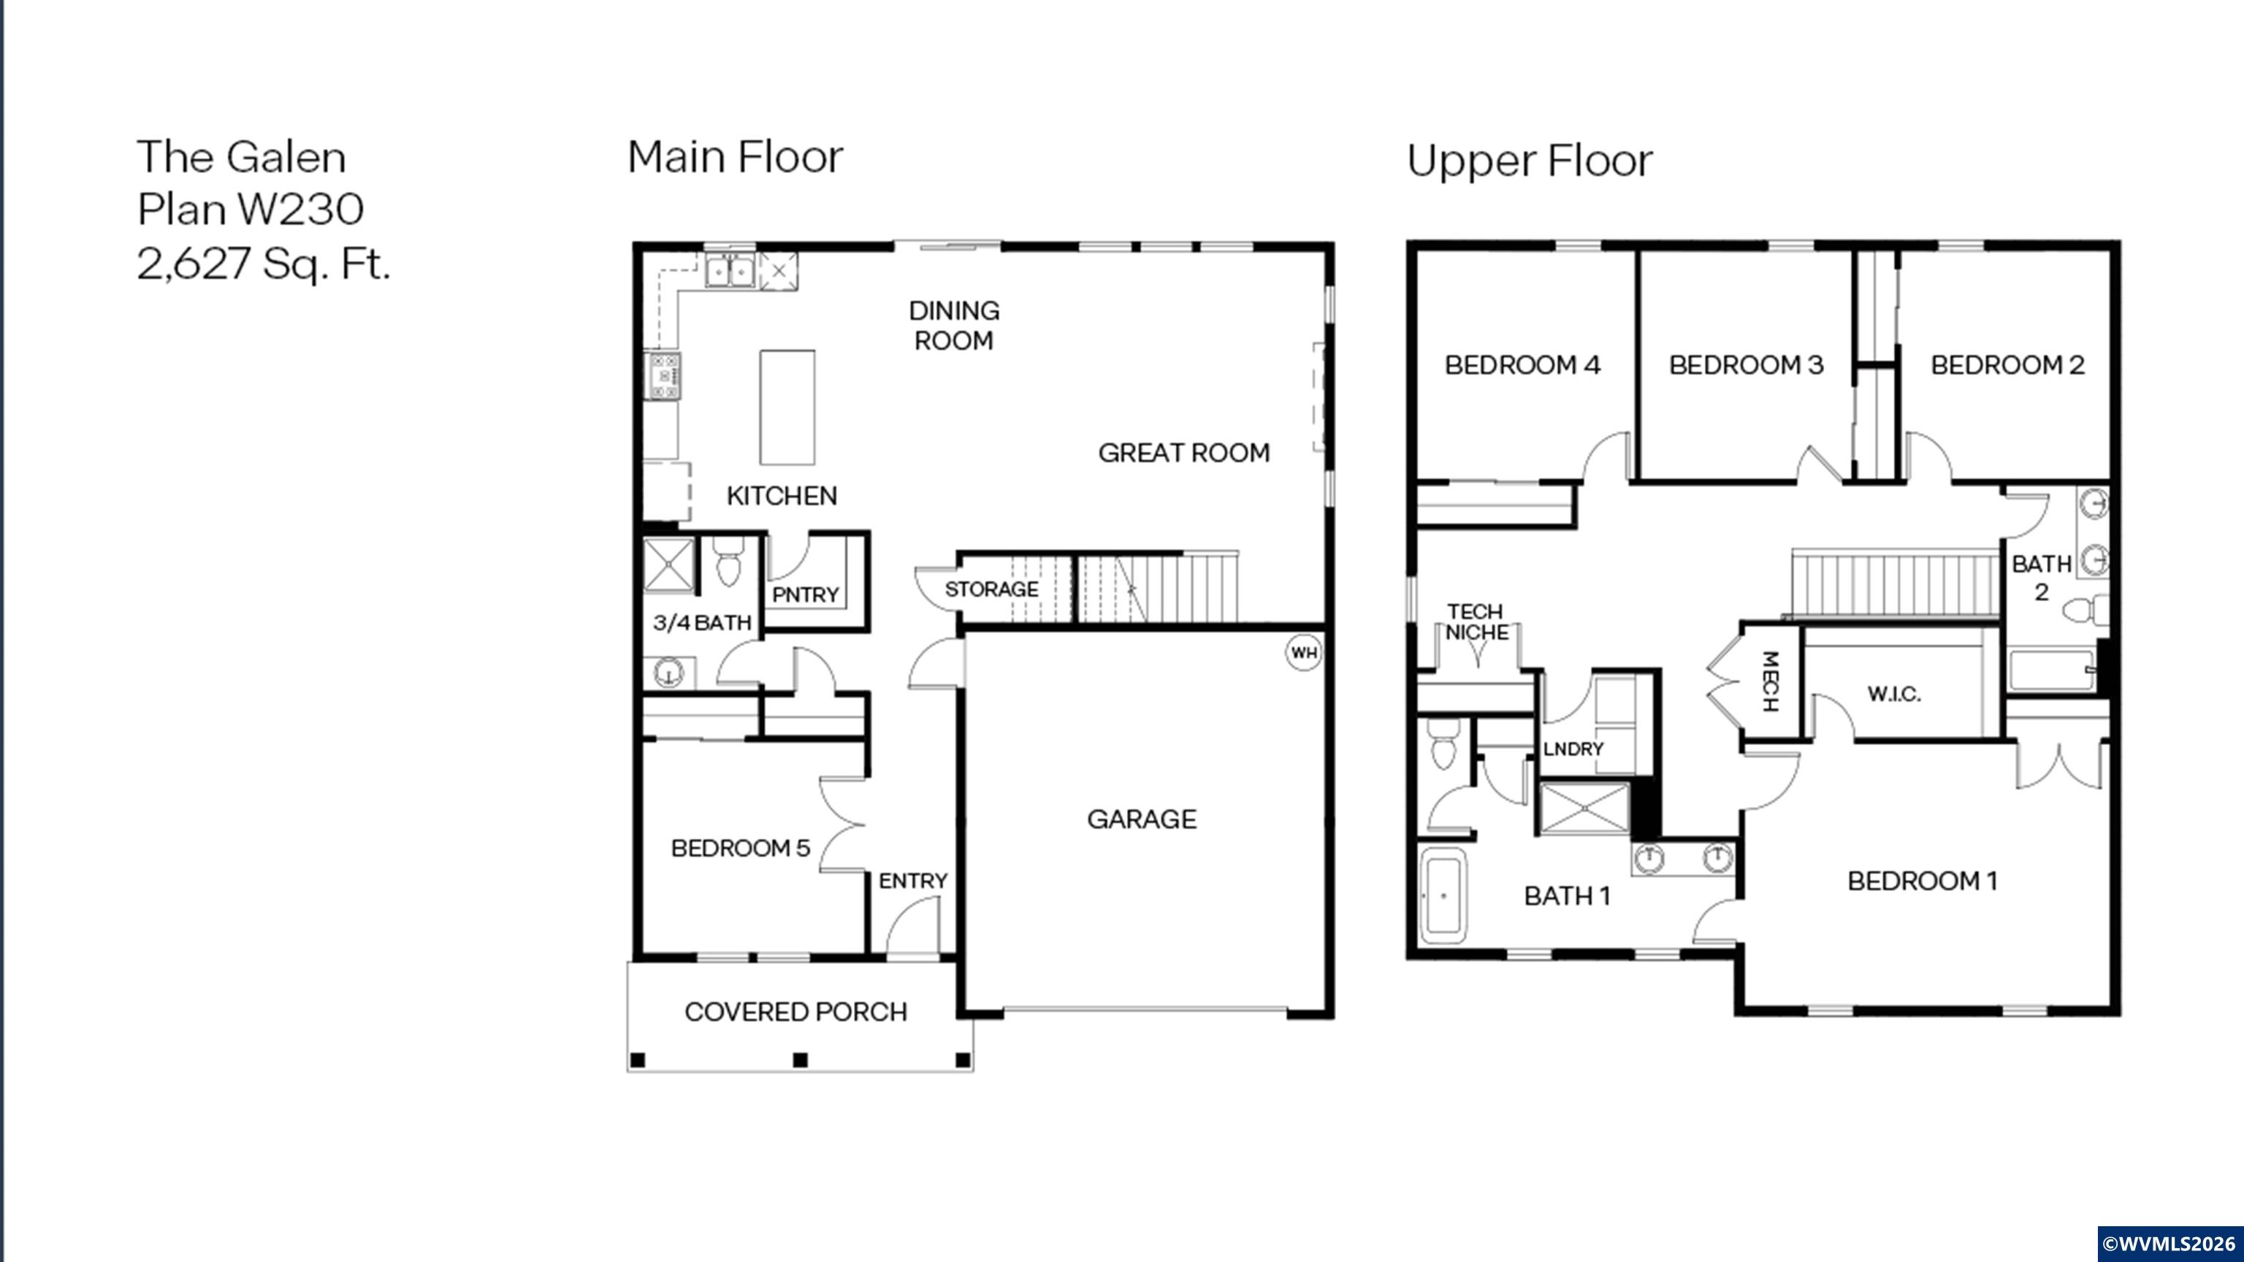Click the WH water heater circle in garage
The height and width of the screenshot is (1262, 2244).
(1303, 653)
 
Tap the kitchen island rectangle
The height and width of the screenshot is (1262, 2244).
(787, 408)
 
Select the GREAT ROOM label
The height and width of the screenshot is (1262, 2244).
(1184, 453)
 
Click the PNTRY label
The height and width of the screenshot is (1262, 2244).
(806, 595)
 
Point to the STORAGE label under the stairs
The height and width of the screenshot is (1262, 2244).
(991, 589)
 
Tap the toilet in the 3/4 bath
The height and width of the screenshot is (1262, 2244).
(728, 564)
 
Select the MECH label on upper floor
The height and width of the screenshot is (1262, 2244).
(1770, 681)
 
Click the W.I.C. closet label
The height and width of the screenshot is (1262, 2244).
(1894, 694)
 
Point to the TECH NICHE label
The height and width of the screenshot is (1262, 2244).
(1476, 622)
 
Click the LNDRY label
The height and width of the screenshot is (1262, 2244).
(1573, 749)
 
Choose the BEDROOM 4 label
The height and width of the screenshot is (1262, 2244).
(1522, 365)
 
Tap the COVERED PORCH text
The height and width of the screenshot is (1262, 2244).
(795, 1012)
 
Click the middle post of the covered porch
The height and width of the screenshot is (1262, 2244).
(801, 1060)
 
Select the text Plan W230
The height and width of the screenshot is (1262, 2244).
(251, 209)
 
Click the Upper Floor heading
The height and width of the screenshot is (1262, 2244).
(1530, 161)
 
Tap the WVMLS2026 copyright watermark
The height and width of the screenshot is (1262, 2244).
(2169, 1243)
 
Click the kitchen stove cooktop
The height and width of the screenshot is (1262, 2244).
(664, 376)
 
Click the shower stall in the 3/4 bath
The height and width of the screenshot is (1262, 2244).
(669, 565)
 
